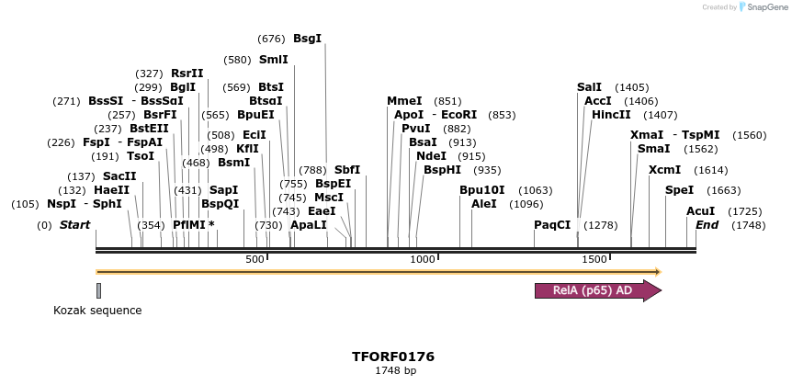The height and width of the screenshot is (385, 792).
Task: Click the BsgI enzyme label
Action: pyautogui.click(x=307, y=40)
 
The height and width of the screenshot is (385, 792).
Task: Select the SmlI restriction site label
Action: pyautogui.click(x=273, y=60)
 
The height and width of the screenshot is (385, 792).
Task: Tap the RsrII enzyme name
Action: pyautogui.click(x=187, y=74)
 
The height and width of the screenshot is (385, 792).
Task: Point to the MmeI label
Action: pyautogui.click(x=404, y=101)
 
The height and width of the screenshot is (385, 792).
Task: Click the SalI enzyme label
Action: pyautogui.click(x=589, y=87)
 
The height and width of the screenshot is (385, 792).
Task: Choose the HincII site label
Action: pyautogui.click(x=611, y=115)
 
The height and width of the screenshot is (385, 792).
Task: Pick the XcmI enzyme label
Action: pyautogui.click(x=664, y=170)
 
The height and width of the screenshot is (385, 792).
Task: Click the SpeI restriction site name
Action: pyautogui.click(x=679, y=190)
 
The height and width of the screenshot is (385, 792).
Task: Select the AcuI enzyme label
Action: pyautogui.click(x=700, y=211)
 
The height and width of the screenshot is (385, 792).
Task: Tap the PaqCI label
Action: pyautogui.click(x=552, y=225)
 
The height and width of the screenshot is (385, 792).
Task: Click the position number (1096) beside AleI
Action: pyautogui.click(x=526, y=204)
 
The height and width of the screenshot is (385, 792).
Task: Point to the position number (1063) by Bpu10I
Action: pyautogui.click(x=536, y=190)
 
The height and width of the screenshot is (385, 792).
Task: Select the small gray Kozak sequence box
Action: pyautogui.click(x=98, y=290)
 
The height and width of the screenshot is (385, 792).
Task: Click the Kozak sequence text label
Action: pyautogui.click(x=97, y=311)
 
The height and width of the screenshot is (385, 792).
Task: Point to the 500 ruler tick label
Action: pyautogui.click(x=255, y=260)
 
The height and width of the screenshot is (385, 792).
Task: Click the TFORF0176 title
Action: pyautogui.click(x=393, y=357)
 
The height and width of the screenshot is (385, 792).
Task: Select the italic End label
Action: pyautogui.click(x=707, y=225)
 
